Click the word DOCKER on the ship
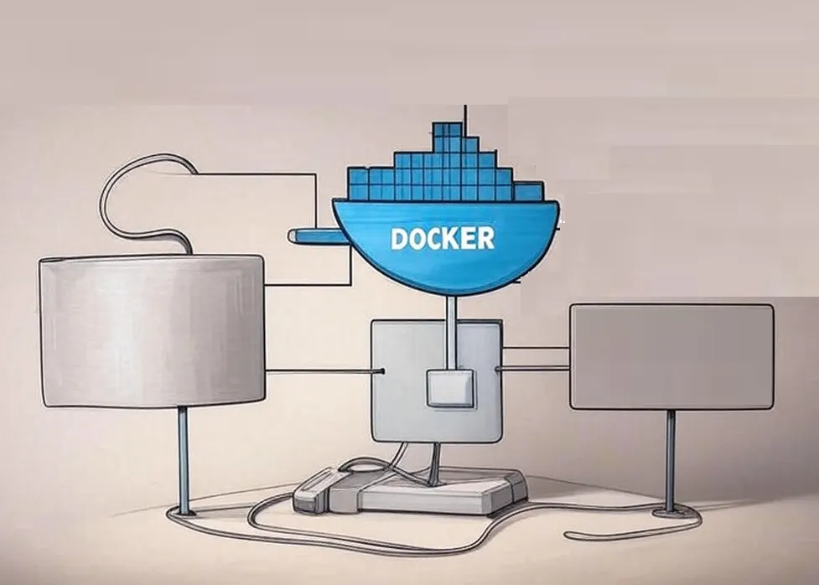(x=442, y=238)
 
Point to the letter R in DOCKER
(x=485, y=238)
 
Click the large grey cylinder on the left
(x=152, y=331)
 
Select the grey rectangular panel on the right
(x=671, y=356)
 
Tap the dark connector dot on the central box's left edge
(x=382, y=370)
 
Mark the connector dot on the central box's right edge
(x=499, y=367)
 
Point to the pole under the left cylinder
(x=183, y=458)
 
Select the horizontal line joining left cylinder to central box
(x=319, y=370)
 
